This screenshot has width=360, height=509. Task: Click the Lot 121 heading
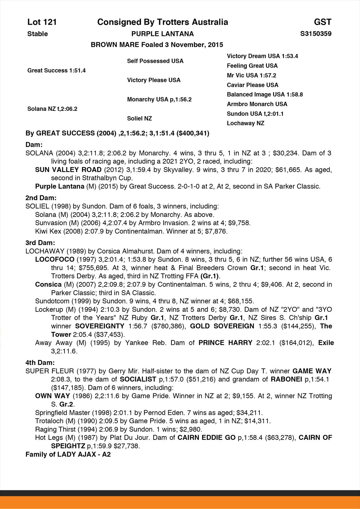coord(42,22)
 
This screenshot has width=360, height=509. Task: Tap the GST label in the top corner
coord(322,22)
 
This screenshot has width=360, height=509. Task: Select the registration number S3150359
coord(316,34)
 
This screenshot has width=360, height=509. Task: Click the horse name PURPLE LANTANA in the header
coord(163,34)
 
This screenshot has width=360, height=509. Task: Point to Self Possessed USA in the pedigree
coord(155,61)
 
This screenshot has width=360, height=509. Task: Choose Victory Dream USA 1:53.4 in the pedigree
coord(262,56)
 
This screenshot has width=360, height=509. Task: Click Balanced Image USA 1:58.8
coord(265,94)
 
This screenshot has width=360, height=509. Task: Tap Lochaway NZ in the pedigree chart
coord(245,123)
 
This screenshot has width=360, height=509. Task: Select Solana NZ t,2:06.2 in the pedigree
coord(52,109)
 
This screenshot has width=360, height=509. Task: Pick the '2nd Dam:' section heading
coord(41,198)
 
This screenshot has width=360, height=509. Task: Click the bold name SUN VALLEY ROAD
coord(68,170)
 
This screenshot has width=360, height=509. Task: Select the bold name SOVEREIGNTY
coord(100,326)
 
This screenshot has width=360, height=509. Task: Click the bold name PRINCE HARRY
coord(225,343)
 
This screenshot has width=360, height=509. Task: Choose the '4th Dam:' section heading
coord(40,362)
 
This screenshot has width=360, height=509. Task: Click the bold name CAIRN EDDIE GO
coord(206,438)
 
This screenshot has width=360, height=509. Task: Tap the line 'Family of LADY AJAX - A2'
coord(68,454)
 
